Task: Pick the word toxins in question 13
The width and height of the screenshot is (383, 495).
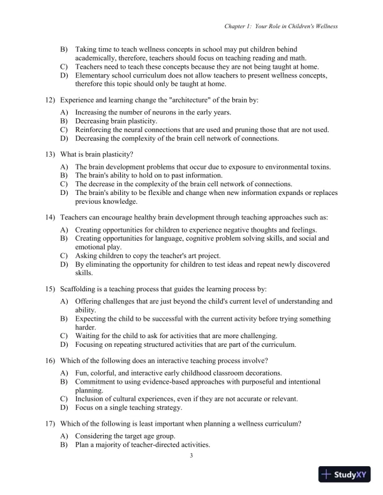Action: (x=318, y=167)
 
